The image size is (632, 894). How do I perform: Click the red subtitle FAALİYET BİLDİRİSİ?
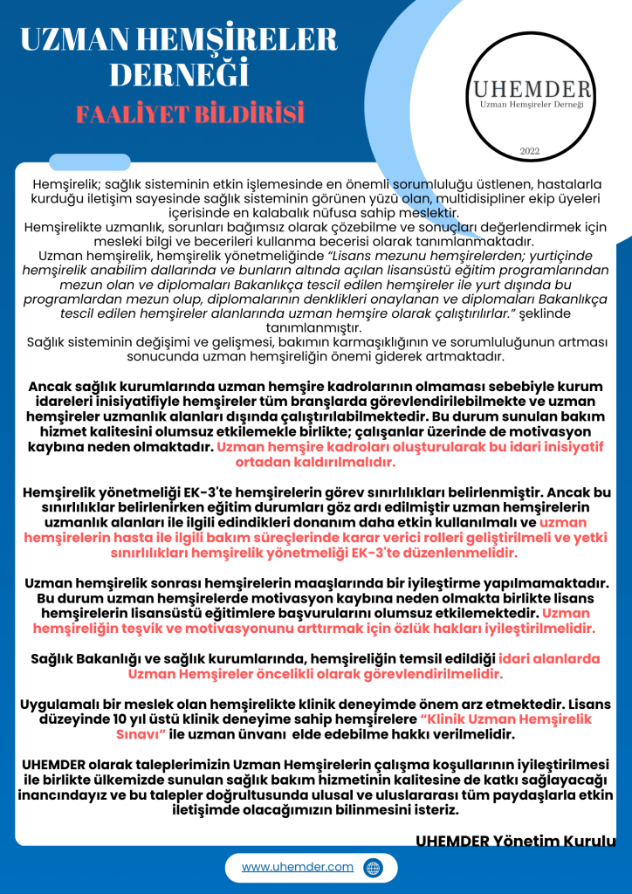(189, 113)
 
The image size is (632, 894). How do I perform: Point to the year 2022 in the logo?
(530, 151)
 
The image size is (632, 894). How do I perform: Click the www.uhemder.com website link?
(298, 867)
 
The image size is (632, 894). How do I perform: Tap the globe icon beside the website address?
(373, 868)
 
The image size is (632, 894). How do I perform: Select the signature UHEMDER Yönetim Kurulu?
(515, 841)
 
